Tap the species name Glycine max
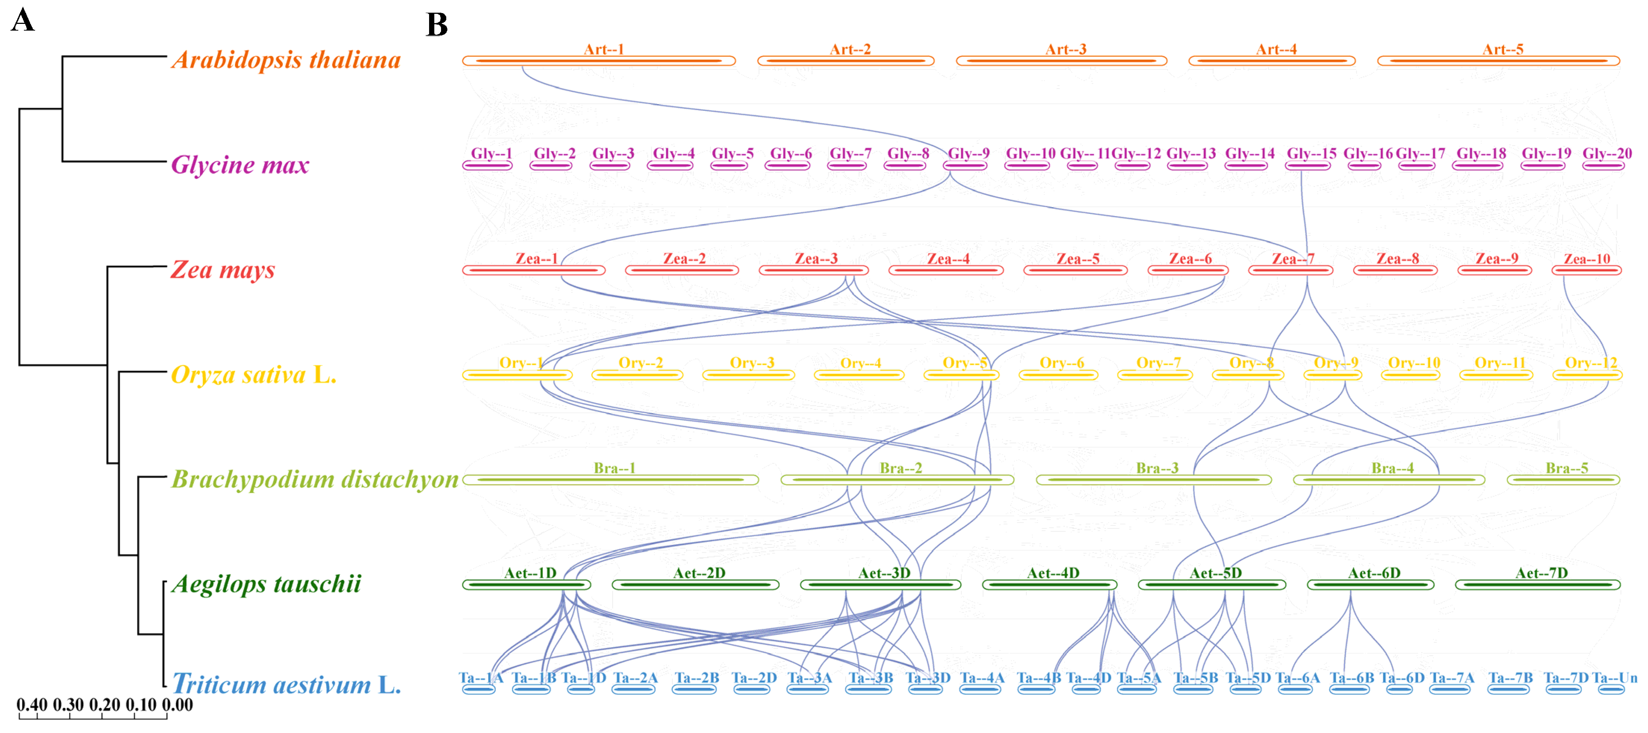click(x=240, y=165)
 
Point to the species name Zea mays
click(x=223, y=270)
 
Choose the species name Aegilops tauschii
click(x=266, y=584)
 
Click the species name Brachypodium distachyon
click(x=315, y=479)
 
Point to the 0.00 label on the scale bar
click(x=177, y=705)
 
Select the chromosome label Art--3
click(x=1066, y=49)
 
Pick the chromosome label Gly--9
click(x=969, y=153)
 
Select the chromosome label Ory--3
click(x=752, y=363)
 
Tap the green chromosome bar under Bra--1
click(x=610, y=480)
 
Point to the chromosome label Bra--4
click(x=1392, y=468)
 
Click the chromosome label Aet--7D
click(x=1541, y=573)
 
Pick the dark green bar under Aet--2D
click(x=695, y=584)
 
